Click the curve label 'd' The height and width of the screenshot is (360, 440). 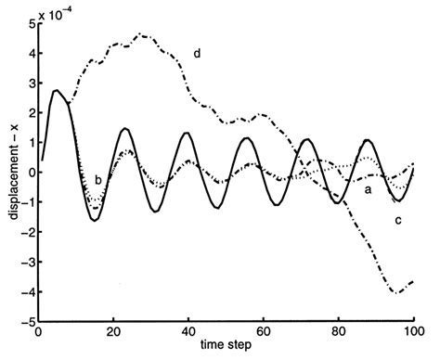pos(198,54)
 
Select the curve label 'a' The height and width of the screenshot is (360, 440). pos(368,189)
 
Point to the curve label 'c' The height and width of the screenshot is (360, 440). pos(397,220)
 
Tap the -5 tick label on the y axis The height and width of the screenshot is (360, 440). pos(26,321)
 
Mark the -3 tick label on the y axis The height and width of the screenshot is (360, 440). pos(26,262)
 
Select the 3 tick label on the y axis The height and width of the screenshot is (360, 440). pos(29,83)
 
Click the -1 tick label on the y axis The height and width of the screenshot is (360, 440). pos(26,202)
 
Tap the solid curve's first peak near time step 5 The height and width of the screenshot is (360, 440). pos(56,90)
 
